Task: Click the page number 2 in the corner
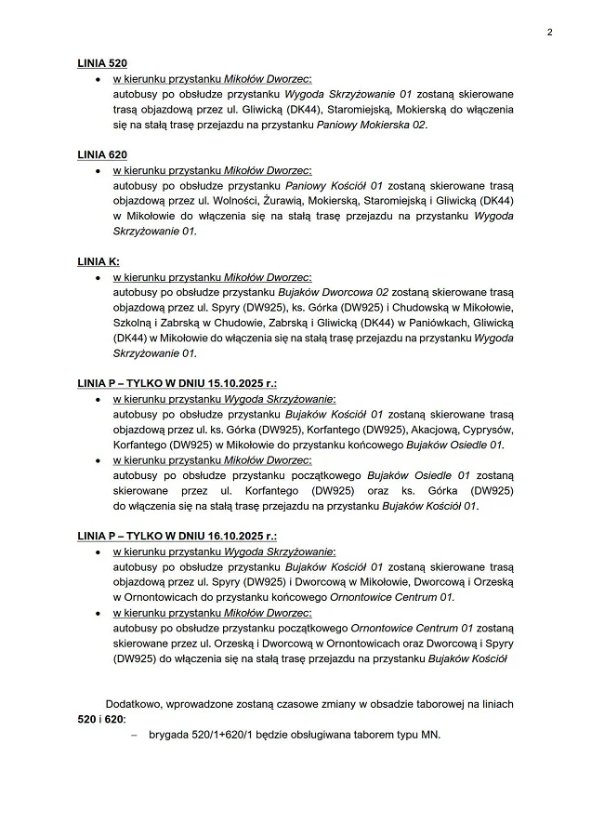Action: pos(549,32)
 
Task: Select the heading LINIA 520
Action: pos(102,63)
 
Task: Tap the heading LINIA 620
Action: pos(102,154)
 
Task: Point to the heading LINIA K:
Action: pos(98,261)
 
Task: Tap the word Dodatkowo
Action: pos(137,704)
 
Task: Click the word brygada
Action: pos(169,735)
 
